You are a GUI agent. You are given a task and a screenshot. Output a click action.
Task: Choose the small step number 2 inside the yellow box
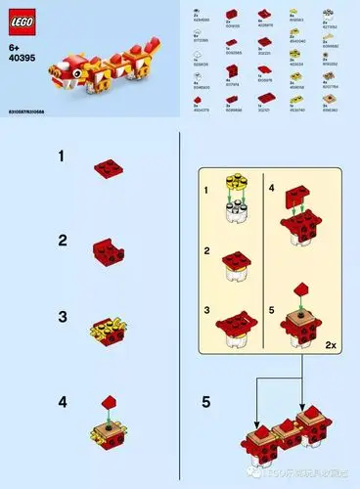pos(205,251)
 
